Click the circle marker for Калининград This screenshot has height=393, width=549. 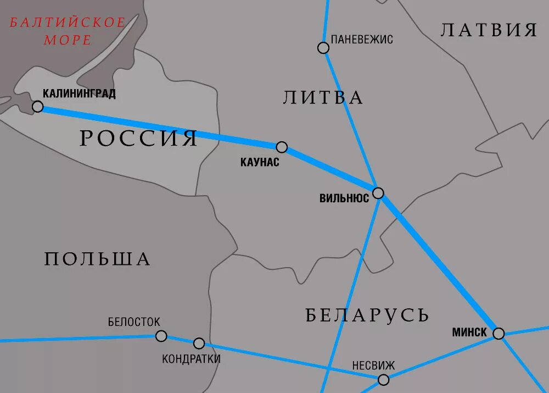coord(38,106)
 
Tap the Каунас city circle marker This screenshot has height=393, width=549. coord(282,147)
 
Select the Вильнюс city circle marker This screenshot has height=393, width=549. coord(378,193)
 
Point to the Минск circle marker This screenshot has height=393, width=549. coord(498,333)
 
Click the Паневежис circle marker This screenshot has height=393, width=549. coord(323,48)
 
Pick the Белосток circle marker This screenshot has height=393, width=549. coord(161,336)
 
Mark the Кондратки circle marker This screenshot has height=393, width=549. coord(199,344)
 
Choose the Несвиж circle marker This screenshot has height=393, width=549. coord(383,379)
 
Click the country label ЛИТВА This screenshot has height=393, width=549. coord(323,97)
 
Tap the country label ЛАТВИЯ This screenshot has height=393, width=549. coord(489,30)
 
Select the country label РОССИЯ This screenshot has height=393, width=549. coord(138,138)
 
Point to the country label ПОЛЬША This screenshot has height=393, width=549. coord(97,258)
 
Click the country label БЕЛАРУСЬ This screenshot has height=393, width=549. coord(367,315)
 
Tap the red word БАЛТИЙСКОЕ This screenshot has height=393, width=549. coord(68,23)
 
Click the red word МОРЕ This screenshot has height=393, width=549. coord(68,40)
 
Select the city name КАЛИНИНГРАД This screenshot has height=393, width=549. coord(79,93)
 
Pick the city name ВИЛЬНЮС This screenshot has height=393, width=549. coord(344,198)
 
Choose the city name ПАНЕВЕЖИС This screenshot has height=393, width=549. coord(362,40)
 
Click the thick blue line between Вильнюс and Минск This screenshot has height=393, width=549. coord(439,264)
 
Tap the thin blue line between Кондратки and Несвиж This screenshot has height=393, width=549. coord(291,362)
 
